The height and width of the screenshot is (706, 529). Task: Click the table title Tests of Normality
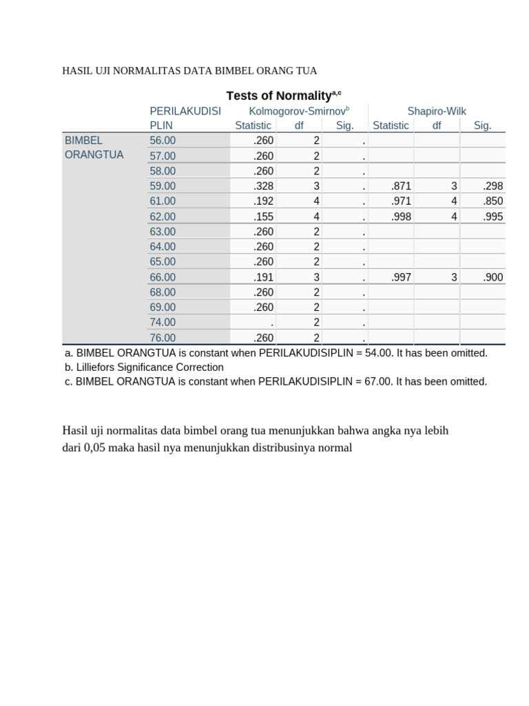[280, 96]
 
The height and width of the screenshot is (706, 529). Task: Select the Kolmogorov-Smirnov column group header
[299, 111]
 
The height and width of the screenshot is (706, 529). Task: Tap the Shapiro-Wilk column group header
[437, 111]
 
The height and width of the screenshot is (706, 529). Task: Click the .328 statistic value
[263, 186]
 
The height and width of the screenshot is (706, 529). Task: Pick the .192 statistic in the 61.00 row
[263, 201]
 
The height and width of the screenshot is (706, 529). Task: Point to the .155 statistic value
[263, 216]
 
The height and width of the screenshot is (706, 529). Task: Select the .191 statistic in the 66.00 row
[263, 277]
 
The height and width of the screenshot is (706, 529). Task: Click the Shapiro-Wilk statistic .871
[401, 186]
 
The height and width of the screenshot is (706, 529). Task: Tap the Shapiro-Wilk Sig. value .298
[492, 186]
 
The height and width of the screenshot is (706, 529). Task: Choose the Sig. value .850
[492, 201]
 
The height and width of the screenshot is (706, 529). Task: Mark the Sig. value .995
[492, 216]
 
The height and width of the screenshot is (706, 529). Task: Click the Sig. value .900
[492, 277]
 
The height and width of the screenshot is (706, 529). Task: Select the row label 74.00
[163, 323]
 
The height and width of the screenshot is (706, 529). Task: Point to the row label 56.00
[163, 141]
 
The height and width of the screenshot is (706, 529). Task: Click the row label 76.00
[163, 338]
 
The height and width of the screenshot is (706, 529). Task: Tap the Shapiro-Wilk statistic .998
[401, 216]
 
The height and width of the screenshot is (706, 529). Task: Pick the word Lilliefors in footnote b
[99, 367]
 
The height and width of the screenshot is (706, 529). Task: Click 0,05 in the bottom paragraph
[94, 447]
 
